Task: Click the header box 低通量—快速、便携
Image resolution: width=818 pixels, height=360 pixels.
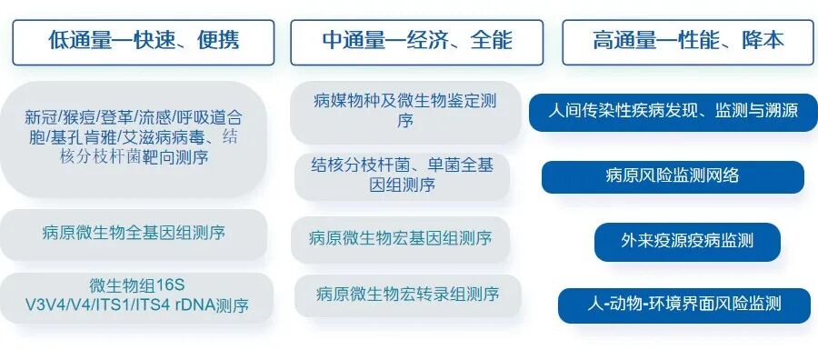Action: (144, 42)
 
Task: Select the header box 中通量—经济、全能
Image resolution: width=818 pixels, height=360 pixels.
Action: (417, 42)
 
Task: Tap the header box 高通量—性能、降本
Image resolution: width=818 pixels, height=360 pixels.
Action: (688, 42)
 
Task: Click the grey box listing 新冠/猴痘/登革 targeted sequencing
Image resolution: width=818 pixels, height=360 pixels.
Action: (134, 139)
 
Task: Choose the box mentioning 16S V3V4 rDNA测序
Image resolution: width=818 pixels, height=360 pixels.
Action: (136, 297)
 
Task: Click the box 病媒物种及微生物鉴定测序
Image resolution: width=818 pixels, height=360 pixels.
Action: (405, 112)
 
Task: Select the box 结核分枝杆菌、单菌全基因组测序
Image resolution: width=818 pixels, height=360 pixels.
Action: (403, 176)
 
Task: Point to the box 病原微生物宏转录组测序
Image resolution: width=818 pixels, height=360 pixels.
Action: (408, 295)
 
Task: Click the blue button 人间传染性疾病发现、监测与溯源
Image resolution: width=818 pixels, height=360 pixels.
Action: (673, 112)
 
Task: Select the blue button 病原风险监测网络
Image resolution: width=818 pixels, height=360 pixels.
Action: (673, 177)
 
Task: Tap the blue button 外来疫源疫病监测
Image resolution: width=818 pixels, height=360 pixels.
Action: (688, 242)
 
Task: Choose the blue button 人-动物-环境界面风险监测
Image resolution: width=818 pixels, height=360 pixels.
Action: (684, 305)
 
